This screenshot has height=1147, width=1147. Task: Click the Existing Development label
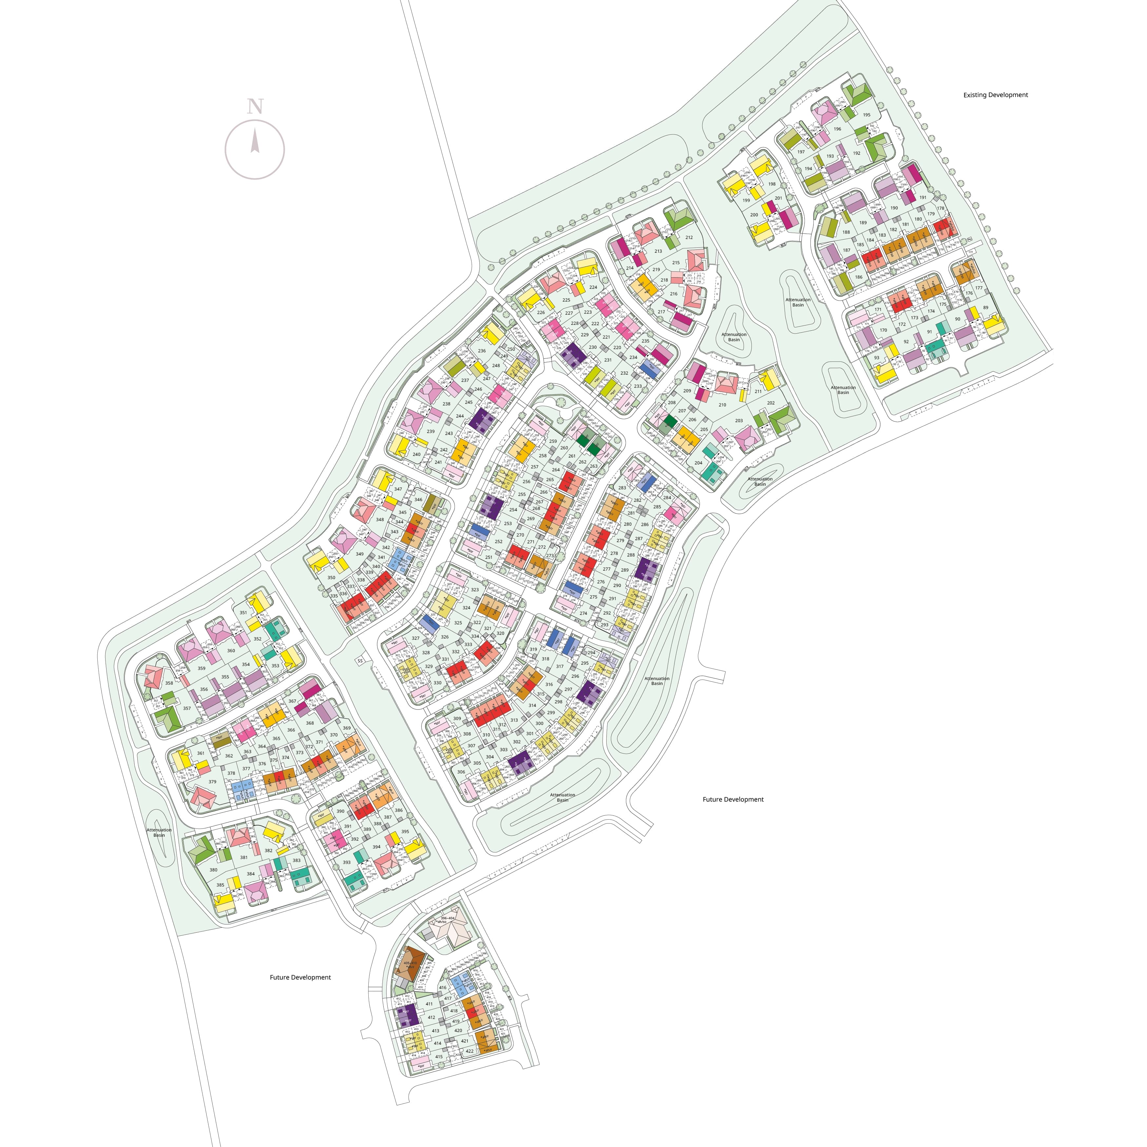(995, 95)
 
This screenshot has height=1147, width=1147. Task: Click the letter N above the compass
(255, 107)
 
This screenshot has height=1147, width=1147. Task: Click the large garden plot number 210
(722, 405)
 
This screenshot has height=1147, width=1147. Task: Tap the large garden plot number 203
(739, 421)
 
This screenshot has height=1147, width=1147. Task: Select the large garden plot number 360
(231, 651)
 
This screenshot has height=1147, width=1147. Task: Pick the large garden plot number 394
(377, 847)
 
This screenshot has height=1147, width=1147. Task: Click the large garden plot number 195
(866, 115)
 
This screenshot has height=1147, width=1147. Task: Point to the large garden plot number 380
(213, 870)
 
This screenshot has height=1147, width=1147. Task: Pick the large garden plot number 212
(689, 238)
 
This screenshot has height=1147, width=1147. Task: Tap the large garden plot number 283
(622, 488)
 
